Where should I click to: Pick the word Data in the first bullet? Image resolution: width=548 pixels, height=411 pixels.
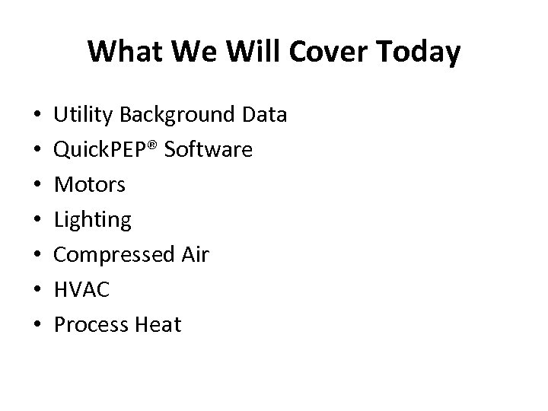point(264,115)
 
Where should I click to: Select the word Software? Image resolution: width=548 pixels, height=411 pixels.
point(208,150)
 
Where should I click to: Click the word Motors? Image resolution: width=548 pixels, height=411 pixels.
point(90,185)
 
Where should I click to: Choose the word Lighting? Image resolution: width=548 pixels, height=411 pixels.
point(93,221)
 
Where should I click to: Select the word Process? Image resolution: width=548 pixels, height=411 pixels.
point(89,325)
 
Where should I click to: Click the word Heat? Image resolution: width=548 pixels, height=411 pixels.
point(157,325)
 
